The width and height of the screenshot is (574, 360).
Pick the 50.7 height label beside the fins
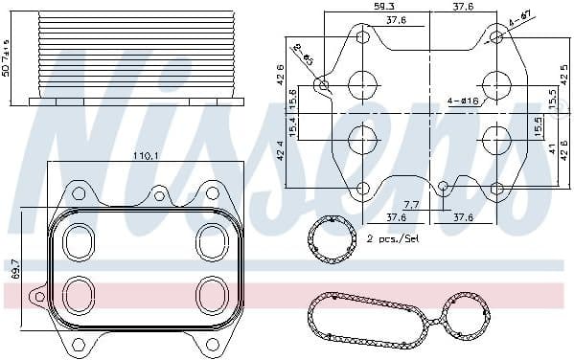(7, 58)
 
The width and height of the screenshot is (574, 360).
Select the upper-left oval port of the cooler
(76, 241)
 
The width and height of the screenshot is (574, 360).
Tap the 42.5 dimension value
(563, 72)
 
